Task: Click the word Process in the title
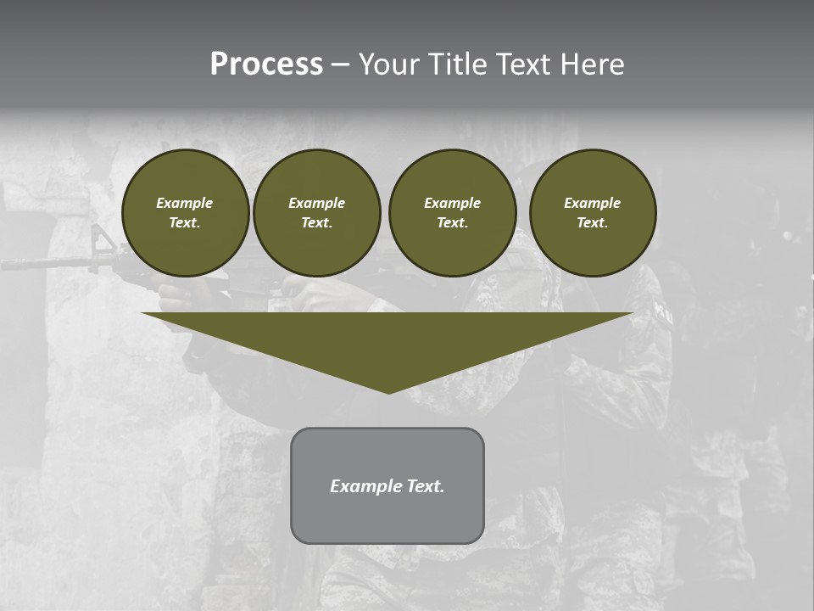tap(266, 64)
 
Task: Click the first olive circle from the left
tap(186, 213)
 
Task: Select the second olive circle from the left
tap(317, 213)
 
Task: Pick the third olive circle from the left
tap(453, 213)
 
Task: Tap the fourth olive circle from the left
tap(593, 213)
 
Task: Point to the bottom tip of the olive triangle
tap(388, 392)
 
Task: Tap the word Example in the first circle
tap(185, 203)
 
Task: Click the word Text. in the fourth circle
tap(593, 222)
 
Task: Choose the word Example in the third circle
tap(452, 203)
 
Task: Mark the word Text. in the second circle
tap(317, 222)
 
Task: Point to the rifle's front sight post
tap(101, 240)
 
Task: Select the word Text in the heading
tap(522, 64)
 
